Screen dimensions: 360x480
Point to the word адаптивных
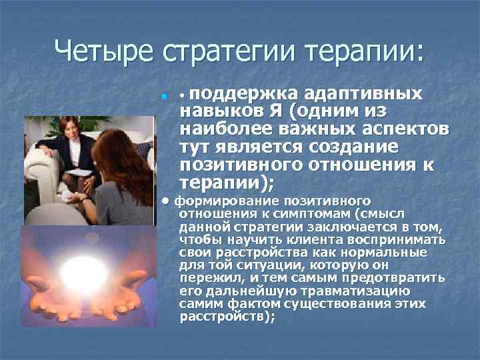(358, 93)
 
